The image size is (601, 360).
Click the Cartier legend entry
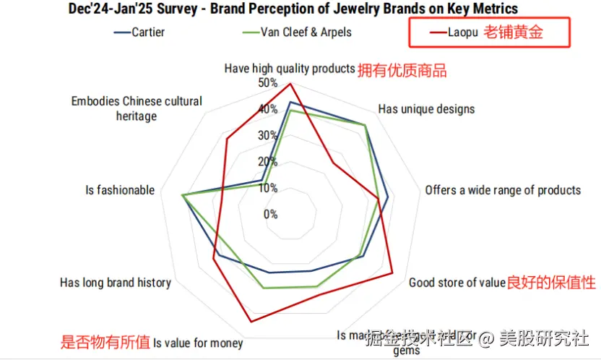[143, 32]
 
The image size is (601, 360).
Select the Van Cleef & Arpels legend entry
[296, 32]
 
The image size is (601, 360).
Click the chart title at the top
[293, 9]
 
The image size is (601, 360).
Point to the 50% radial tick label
[267, 83]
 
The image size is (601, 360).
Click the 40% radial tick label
[269, 109]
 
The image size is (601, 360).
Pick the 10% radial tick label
[268, 188]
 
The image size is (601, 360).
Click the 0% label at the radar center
[270, 214]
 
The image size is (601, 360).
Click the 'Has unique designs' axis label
[426, 109]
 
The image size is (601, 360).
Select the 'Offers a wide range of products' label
[503, 190]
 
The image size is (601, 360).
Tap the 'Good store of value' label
[457, 283]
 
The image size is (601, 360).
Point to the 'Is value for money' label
[197, 343]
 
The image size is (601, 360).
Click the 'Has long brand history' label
[116, 283]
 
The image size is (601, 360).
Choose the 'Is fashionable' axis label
[120, 190]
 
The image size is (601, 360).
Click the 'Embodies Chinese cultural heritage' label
[137, 108]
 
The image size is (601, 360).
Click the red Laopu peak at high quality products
[290, 84]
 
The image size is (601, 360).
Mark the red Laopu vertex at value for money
[251, 321]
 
